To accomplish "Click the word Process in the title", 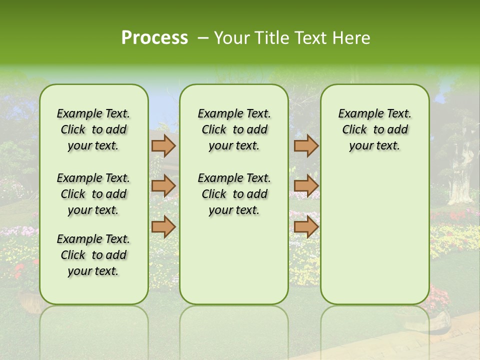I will [154, 38].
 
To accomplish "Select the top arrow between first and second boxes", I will [163, 146].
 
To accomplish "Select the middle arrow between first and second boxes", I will [163, 186].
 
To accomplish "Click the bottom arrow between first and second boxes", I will [163, 227].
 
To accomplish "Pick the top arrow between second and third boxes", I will [306, 146].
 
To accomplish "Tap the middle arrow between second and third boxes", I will [306, 186].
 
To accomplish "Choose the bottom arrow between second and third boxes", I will [306, 227].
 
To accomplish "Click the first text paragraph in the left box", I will [93, 129].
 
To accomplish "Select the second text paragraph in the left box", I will [93, 194].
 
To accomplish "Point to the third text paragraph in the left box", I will [93, 255].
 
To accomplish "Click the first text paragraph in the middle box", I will [234, 129].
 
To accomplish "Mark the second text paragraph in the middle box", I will [234, 194].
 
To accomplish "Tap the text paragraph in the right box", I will [374, 129].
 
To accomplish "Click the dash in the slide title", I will [202, 38].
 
